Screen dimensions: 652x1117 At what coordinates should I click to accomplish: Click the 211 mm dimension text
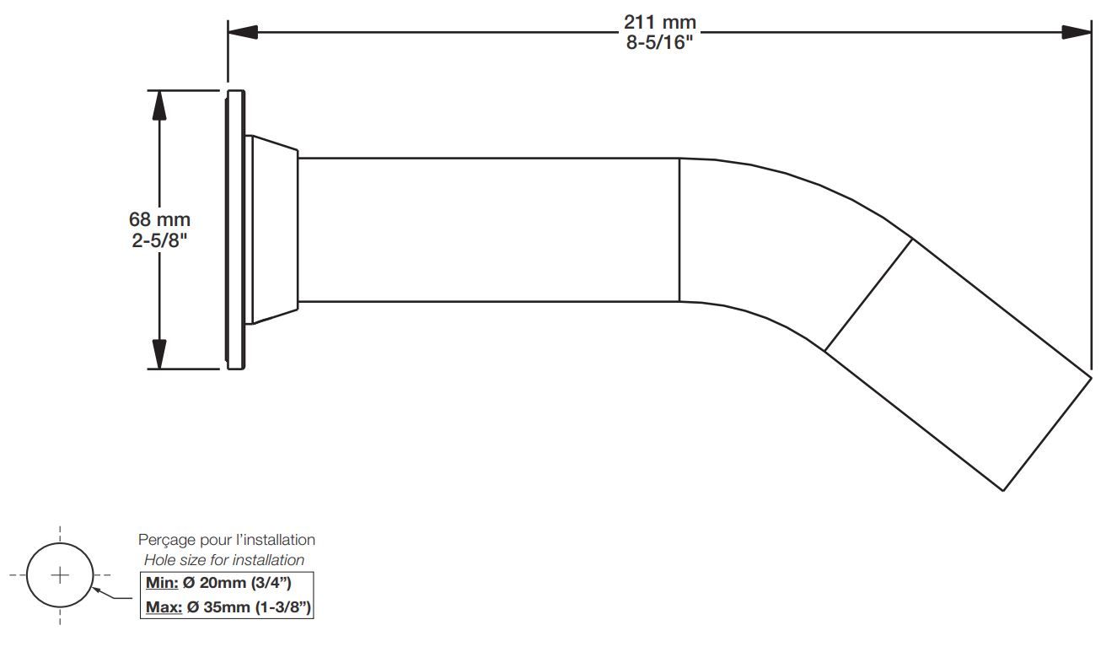pos(660,21)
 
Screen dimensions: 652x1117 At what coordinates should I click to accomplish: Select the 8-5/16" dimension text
pos(660,42)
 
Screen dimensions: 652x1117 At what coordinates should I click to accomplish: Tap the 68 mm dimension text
pos(159,220)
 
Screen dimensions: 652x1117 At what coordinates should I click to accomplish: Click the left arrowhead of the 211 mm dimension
pos(243,32)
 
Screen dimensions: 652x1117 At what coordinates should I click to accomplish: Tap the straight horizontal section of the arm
pos(489,229)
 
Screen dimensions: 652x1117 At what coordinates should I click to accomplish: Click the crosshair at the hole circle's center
pos(60,576)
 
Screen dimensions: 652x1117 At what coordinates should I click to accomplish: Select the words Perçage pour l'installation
pos(226,539)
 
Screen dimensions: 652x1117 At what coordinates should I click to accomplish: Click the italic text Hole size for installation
pos(224,559)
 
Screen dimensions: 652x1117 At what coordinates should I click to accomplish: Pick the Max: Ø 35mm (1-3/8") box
pos(226,607)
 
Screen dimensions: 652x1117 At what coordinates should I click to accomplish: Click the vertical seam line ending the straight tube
pos(679,229)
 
